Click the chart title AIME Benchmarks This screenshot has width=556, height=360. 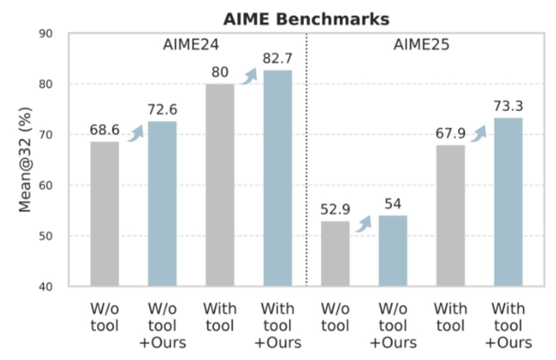click(x=306, y=19)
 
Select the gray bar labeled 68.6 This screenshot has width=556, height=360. click(x=105, y=214)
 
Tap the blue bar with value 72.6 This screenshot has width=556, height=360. click(x=162, y=204)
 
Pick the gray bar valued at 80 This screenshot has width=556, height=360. click(x=220, y=185)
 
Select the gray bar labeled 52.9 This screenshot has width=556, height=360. click(x=335, y=254)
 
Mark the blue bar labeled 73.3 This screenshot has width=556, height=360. click(x=508, y=202)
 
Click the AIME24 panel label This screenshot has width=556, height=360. click(x=191, y=45)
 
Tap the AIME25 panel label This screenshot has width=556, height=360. click(x=421, y=45)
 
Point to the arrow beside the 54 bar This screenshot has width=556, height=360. click(x=364, y=224)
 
